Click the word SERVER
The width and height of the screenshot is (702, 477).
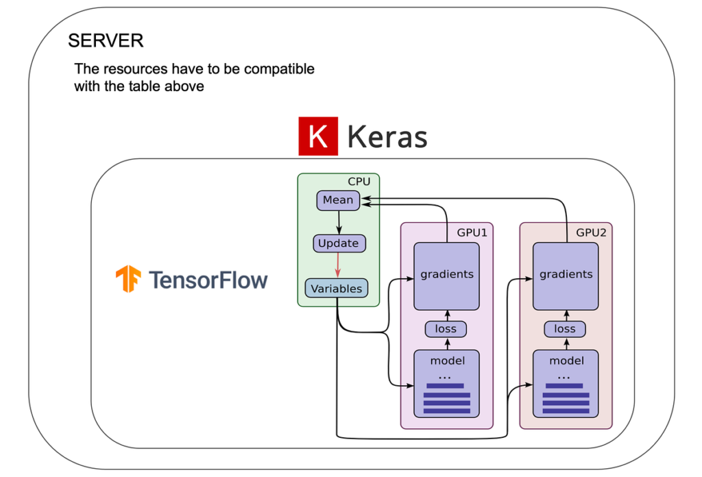pos(106,40)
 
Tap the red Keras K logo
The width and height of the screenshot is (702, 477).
pos(318,136)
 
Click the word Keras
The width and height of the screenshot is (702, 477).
pos(387,136)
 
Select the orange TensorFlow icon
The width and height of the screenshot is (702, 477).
pos(128,279)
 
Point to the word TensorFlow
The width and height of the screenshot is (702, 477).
pos(208,280)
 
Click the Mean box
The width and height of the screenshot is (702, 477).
pos(338,200)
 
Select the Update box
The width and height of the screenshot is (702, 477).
pos(339,243)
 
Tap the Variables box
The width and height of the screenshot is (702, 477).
pos(337,289)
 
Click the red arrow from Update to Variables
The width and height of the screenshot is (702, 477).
pos(338,265)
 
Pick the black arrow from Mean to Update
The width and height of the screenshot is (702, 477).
pos(339,222)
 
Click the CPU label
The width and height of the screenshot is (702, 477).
pos(359,182)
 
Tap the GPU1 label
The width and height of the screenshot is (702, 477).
pos(472,233)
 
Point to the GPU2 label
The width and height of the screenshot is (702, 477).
pos(591,233)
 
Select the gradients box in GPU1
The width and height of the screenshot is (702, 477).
pos(447,276)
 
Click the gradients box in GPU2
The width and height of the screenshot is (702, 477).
pos(566,276)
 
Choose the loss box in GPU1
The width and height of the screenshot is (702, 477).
pos(446,329)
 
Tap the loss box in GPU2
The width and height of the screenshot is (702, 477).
pos(565,329)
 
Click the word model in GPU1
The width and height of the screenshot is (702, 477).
pos(447,360)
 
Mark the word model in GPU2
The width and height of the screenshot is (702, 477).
pos(566,360)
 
